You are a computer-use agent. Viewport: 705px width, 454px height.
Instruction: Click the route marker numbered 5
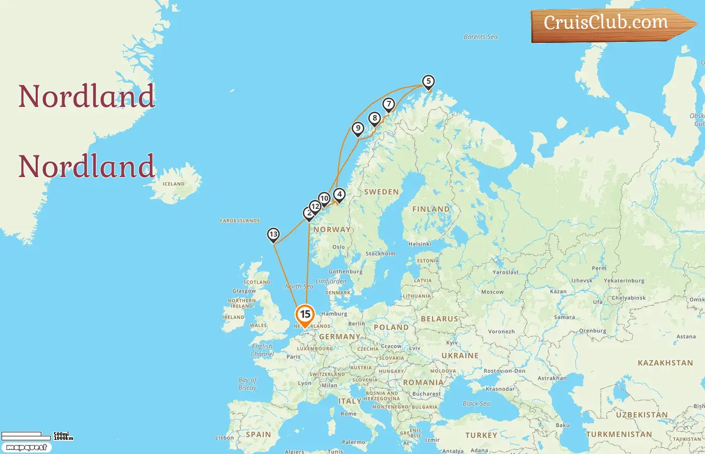428,81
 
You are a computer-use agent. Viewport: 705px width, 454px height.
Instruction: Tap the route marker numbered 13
273,234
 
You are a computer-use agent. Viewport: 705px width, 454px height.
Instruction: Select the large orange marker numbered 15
305,314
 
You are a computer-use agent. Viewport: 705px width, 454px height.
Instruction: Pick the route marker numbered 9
358,128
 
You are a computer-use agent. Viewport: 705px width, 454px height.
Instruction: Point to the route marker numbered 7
388,104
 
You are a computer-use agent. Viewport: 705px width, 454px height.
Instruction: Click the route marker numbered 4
339,194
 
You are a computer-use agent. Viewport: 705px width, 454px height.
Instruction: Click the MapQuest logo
26,447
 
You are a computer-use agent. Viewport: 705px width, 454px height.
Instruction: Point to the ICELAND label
173,184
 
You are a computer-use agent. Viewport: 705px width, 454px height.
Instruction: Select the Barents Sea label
480,37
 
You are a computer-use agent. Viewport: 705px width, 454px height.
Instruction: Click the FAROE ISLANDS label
240,220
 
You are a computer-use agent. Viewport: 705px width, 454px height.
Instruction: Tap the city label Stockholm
380,254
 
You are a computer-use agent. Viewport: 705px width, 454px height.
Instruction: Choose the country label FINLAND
431,209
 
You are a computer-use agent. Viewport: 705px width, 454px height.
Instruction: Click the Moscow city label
492,292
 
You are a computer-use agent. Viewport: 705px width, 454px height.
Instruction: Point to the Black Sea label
476,404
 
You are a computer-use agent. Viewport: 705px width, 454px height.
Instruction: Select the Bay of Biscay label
247,384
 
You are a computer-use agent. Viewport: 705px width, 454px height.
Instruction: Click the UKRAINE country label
460,356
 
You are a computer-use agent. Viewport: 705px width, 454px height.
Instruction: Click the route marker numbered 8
374,118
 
